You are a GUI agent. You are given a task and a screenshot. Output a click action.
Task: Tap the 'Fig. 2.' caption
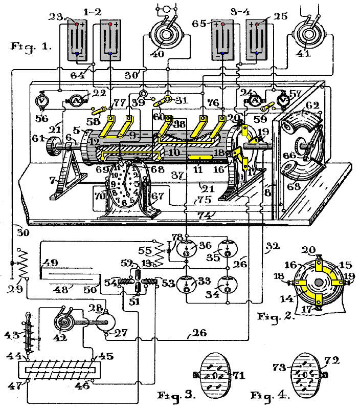pos(276,316)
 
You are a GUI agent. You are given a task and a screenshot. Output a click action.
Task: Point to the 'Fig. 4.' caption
pos(269,395)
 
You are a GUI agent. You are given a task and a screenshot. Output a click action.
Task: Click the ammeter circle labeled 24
pos(255,101)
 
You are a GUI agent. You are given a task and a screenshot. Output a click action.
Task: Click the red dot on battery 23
pos(77,25)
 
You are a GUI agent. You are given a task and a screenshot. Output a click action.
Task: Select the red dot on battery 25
pos(257,24)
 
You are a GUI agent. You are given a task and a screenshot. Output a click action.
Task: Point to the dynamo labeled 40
pos(166,35)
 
